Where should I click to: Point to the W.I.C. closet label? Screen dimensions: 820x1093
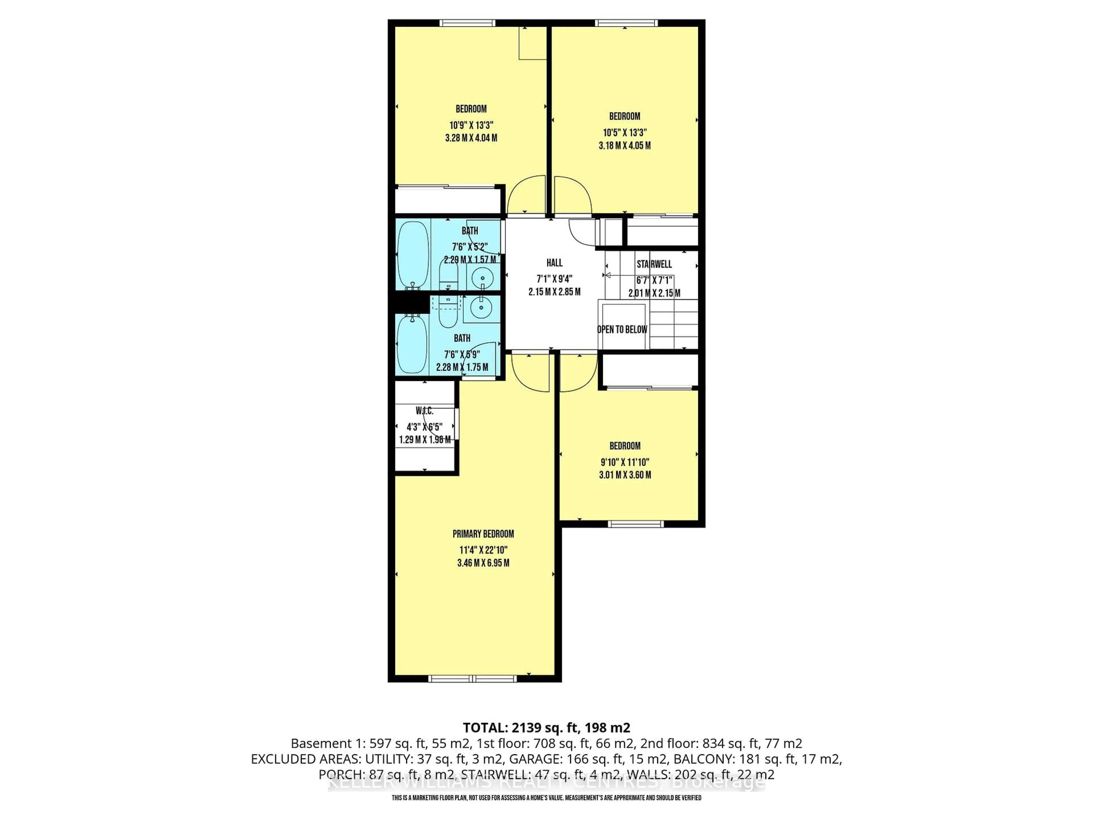424,411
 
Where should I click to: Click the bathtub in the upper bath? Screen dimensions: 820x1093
413,255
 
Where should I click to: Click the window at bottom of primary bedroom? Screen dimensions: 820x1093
472,679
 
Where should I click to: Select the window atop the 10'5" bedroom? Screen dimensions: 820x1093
626,23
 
